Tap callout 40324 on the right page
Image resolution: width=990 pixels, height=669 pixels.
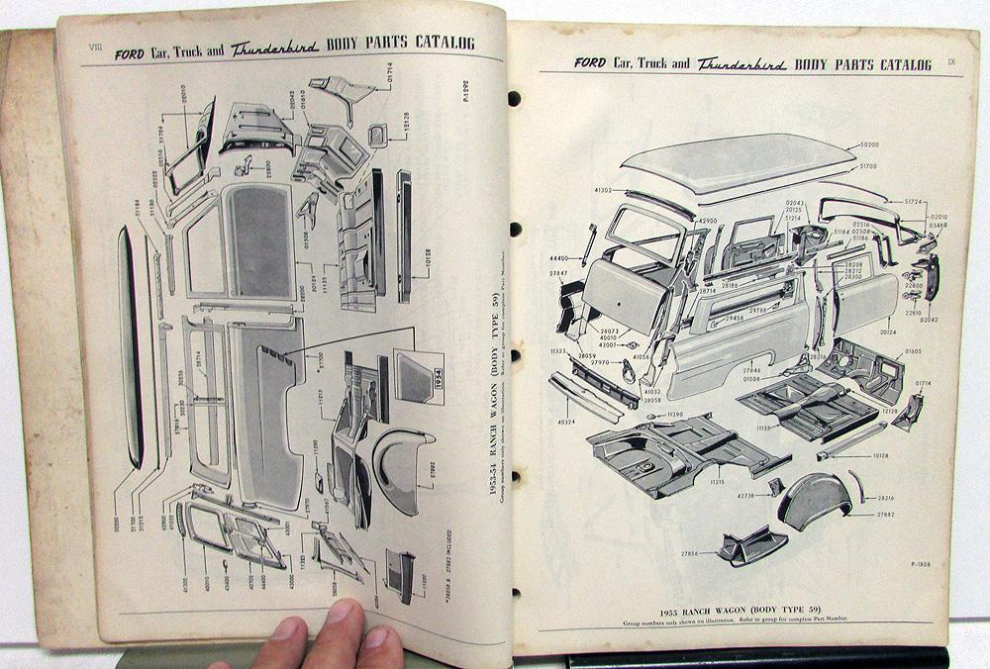pyautogui.click(x=565, y=422)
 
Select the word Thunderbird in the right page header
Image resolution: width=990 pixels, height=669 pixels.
pyautogui.click(x=742, y=65)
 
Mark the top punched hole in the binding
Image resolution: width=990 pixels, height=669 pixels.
pyautogui.click(x=514, y=99)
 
